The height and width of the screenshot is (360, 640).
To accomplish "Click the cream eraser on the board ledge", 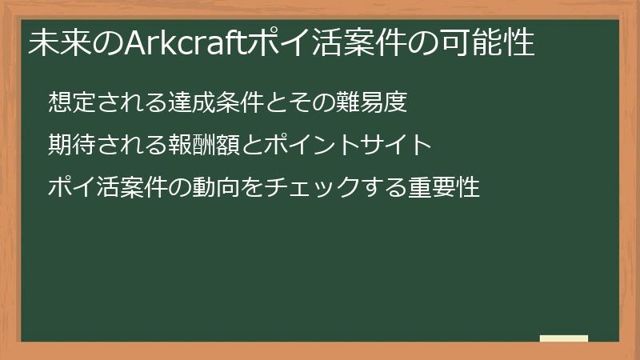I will [564, 338].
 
